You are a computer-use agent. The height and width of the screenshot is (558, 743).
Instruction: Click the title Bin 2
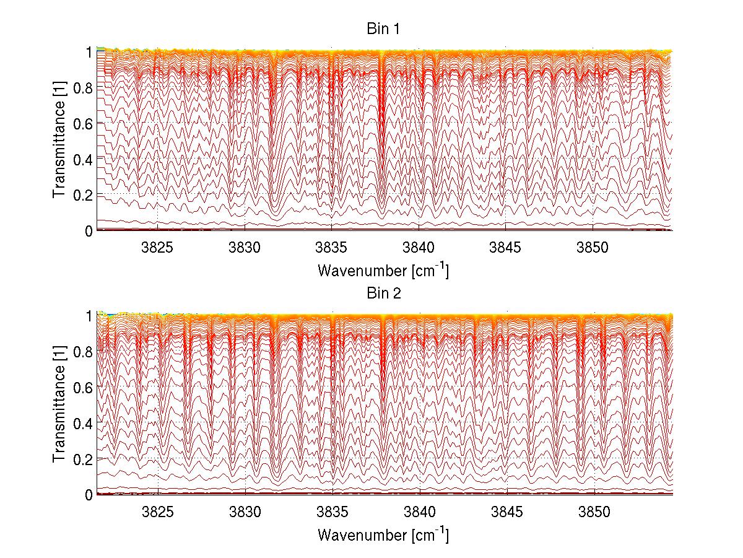tap(384, 294)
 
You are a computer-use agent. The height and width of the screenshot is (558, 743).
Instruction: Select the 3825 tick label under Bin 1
tap(158, 248)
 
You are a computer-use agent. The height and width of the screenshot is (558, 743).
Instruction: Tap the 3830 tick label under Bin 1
tap(246, 248)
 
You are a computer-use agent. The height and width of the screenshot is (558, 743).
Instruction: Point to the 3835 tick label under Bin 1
tap(332, 248)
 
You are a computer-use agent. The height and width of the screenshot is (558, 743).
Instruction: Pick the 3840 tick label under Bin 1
tap(419, 248)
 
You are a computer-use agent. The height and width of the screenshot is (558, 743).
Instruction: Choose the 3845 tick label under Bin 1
tap(506, 248)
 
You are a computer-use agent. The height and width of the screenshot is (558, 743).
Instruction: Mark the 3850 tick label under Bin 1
tap(593, 248)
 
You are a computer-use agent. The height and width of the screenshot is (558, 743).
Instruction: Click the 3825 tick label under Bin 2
tap(158, 512)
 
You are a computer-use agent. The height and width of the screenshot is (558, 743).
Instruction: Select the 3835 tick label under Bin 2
tap(332, 512)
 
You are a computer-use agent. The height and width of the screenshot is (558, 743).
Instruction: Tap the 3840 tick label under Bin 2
tap(419, 512)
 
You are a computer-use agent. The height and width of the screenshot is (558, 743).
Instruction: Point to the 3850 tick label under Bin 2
tap(593, 512)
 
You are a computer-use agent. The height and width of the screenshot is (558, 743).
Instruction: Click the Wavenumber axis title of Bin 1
tap(383, 270)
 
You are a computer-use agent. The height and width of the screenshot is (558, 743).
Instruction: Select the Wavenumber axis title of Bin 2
tap(383, 534)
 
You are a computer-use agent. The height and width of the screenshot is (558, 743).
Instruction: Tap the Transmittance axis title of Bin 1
tap(59, 141)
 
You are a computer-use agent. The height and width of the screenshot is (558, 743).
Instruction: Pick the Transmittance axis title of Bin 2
tap(59, 405)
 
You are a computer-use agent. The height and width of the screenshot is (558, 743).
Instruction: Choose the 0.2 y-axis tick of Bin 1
tap(82, 195)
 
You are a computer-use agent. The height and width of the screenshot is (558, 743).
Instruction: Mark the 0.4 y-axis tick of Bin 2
tap(82, 423)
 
